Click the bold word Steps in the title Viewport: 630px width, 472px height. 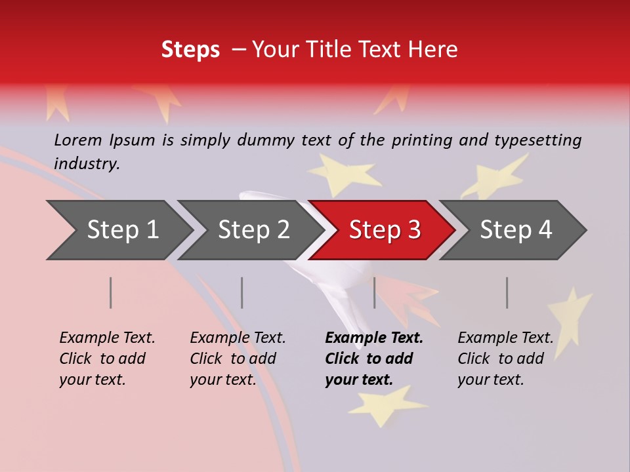[x=190, y=50]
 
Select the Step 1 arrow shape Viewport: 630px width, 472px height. [x=118, y=230]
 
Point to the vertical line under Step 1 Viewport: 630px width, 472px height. [x=111, y=292]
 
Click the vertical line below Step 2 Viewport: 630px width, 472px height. [x=242, y=292]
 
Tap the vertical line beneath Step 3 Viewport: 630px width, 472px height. [x=375, y=292]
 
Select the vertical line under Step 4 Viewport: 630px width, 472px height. [x=507, y=292]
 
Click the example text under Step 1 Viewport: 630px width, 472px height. [x=106, y=359]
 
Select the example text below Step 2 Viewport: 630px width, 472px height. [x=237, y=359]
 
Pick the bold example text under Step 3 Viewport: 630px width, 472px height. [x=373, y=359]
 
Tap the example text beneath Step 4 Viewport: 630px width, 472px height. [x=505, y=359]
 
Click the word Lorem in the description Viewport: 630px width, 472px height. [x=77, y=140]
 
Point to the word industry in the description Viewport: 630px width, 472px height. [x=87, y=164]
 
